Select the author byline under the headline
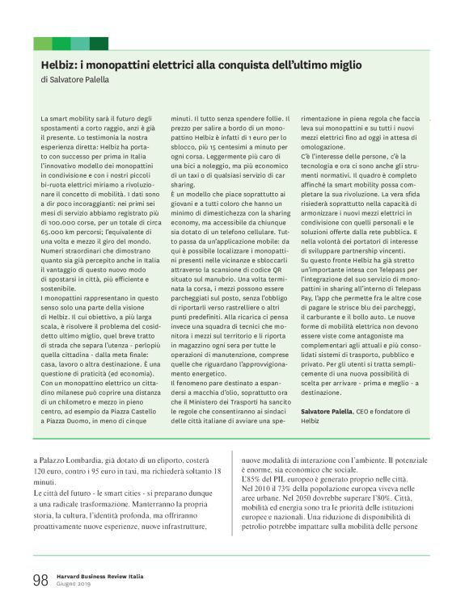(74, 80)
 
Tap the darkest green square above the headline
(99, 43)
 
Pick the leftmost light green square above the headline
(42, 43)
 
